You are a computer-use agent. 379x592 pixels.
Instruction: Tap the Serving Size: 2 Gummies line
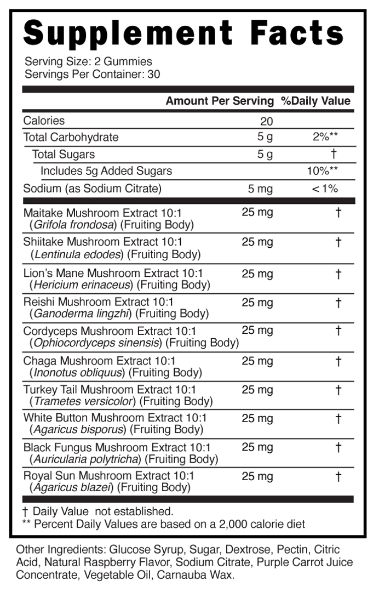point(88,61)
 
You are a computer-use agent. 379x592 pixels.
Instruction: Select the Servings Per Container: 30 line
point(93,74)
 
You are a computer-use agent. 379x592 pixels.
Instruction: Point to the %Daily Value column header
point(315,101)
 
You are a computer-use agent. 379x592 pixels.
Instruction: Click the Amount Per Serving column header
point(219,101)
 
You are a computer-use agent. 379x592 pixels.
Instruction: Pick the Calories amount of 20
point(266,121)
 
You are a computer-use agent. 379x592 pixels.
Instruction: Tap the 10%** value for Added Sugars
point(322,171)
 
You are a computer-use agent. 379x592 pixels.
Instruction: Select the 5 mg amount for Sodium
point(260,189)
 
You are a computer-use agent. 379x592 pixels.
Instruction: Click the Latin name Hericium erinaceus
point(82,284)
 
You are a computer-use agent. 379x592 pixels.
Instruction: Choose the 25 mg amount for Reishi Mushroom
point(257,303)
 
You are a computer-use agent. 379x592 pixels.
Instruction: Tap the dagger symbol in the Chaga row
point(338,361)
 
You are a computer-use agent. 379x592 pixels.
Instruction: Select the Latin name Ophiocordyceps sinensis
point(97,343)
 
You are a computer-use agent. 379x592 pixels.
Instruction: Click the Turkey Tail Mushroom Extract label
point(110,390)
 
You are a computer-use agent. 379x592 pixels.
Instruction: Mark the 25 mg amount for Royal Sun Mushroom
point(257,476)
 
